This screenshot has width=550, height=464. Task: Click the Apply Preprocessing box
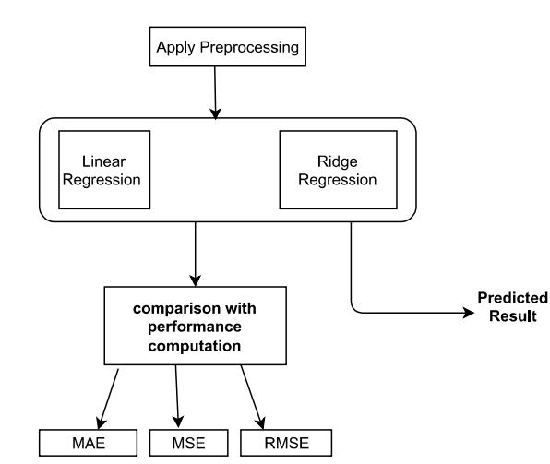[x=228, y=46]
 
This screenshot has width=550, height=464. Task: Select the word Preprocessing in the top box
[x=249, y=48]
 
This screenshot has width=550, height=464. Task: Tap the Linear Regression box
[x=104, y=170]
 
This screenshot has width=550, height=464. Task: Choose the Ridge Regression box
[x=338, y=170]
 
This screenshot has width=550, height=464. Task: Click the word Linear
[x=103, y=161]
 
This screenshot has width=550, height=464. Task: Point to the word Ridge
[x=338, y=162]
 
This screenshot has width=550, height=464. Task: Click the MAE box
[x=88, y=443]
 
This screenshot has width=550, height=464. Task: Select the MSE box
[x=188, y=443]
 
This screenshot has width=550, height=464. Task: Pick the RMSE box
[x=286, y=443]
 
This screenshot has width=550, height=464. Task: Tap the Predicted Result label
[x=513, y=307]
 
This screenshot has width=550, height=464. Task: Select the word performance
[x=195, y=327]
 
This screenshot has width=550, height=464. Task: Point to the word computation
[x=195, y=347]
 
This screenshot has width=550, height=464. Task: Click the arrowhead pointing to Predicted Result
[x=469, y=313]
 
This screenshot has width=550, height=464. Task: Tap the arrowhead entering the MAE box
[x=101, y=423]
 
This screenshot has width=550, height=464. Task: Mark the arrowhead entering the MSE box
[x=178, y=422]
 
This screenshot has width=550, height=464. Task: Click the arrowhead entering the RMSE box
[x=261, y=423]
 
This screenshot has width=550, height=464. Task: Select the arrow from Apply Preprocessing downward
[x=215, y=92]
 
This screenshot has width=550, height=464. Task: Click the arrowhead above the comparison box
[x=195, y=280]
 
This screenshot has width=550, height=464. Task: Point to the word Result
[x=513, y=316]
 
